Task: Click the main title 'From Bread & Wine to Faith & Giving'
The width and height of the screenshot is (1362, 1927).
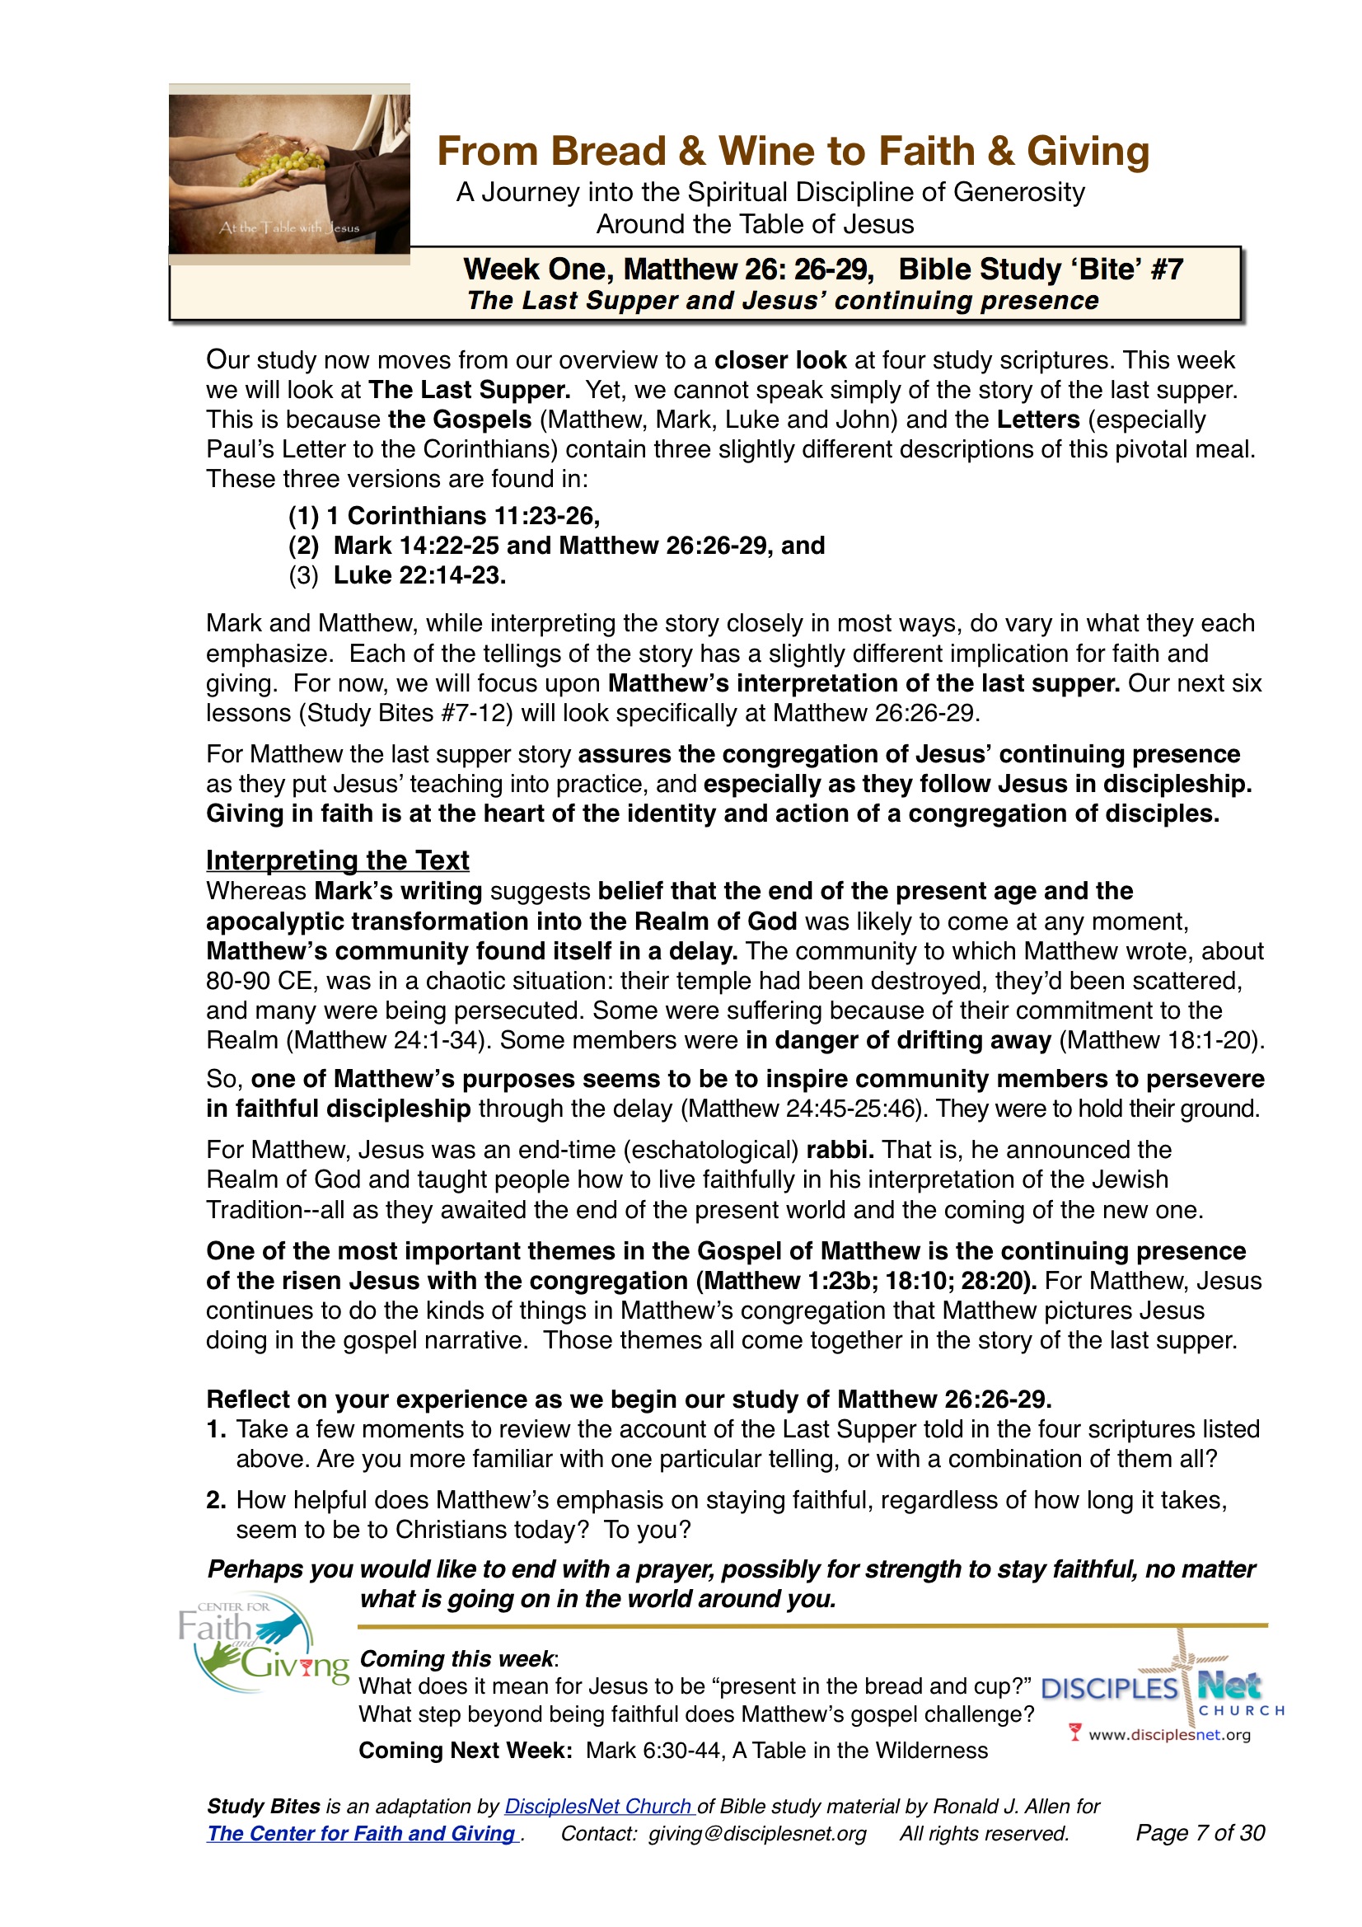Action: [x=792, y=152]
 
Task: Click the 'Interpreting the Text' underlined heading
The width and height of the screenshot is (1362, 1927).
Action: [x=337, y=860]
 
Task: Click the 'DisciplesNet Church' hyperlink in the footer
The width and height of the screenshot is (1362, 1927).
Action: [x=599, y=1806]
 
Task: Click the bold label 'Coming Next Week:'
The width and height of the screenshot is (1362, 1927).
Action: [x=465, y=1750]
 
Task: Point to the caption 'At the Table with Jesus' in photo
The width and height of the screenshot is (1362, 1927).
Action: [x=288, y=227]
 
